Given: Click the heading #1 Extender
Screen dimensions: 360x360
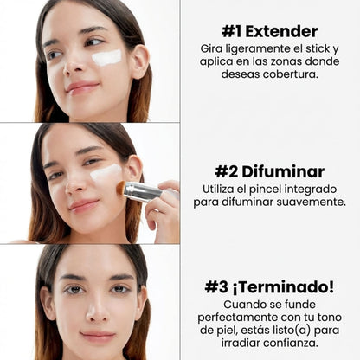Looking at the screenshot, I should (x=269, y=31).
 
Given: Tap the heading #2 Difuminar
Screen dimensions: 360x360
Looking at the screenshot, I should (x=269, y=171).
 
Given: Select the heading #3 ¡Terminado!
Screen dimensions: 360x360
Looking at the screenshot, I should (x=269, y=286).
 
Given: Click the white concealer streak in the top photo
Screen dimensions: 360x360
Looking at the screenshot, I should (x=106, y=57).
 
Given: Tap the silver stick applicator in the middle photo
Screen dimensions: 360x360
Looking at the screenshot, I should (x=140, y=191).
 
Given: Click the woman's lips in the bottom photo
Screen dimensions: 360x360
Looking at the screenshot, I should (x=97, y=336).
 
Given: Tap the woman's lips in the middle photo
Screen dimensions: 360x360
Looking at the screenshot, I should (x=84, y=204).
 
